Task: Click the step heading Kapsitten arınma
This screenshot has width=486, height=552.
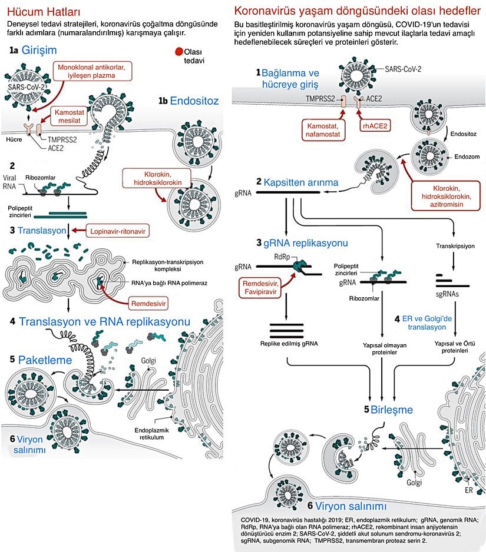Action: pyautogui.click(x=301, y=182)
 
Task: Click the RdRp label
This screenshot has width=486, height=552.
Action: pyautogui.click(x=281, y=256)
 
